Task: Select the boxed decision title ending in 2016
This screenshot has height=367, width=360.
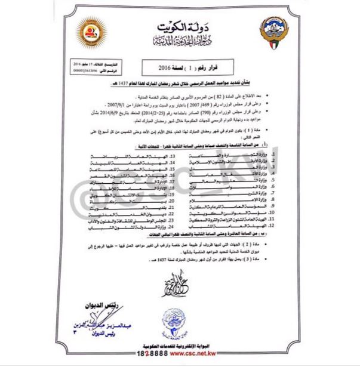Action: tap(180, 67)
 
